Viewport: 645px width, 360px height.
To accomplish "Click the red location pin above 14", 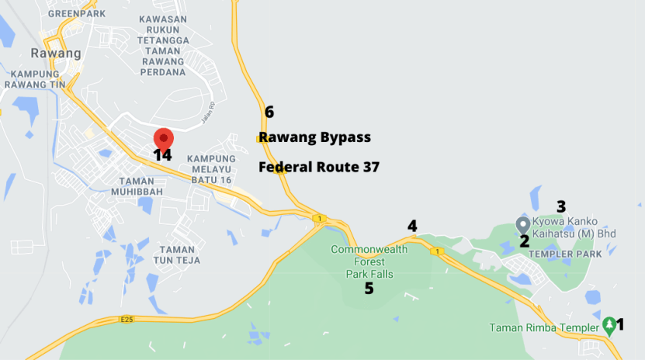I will pos(163,138).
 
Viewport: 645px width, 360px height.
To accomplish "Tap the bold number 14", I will pos(162,155).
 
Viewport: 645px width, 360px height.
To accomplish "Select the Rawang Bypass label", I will pos(314,137).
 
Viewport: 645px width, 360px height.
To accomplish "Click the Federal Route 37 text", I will pos(318,167).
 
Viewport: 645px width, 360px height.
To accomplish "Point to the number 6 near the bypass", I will pos(269,112).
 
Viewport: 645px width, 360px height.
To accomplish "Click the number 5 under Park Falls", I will pos(369,289).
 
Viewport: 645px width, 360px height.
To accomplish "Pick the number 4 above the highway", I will pos(412,226).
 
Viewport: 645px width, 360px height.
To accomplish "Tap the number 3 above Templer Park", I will pos(561,206).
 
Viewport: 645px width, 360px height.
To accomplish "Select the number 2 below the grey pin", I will pos(524,241).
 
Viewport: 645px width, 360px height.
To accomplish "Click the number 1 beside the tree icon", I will pos(619,324).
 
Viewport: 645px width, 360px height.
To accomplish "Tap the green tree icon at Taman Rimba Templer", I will pos(609,324).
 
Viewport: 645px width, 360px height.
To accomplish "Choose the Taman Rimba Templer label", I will pos(544,327).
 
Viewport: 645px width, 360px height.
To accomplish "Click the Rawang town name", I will pos(55,54).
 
